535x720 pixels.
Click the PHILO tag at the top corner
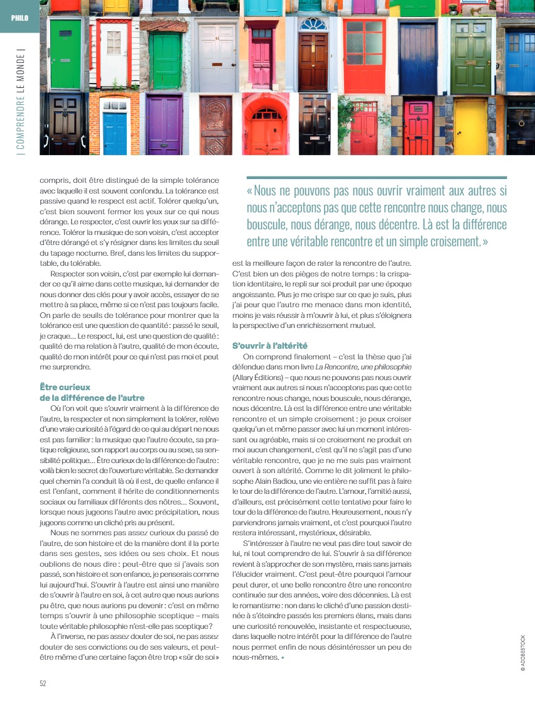click(x=19, y=17)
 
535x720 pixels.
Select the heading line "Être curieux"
click(x=65, y=388)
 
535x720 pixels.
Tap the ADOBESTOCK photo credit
click(x=522, y=653)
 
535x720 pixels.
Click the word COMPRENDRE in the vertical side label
click(x=21, y=119)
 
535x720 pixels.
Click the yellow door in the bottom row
click(x=470, y=127)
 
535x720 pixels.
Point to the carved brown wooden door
click(x=215, y=126)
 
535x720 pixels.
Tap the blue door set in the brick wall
click(x=115, y=132)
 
